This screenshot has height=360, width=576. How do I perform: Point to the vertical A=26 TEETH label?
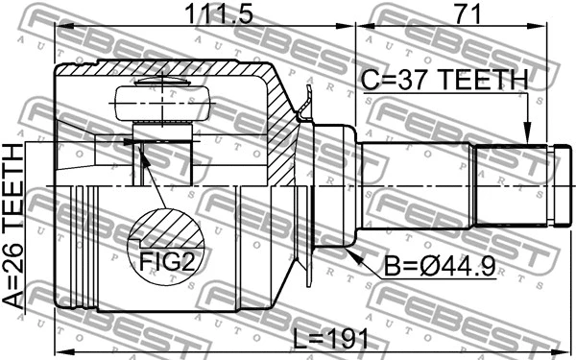click(x=16, y=225)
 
